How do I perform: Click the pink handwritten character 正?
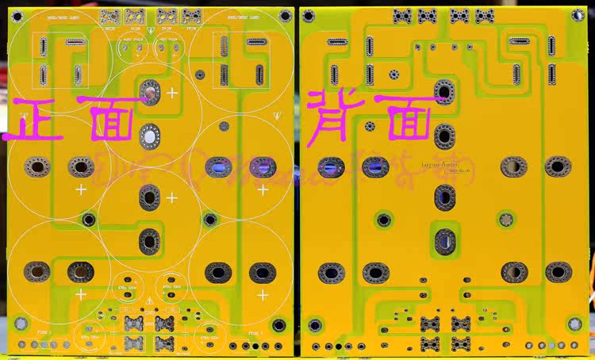32,120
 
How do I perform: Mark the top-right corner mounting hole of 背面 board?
578,16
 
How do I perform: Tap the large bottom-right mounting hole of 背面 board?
572,324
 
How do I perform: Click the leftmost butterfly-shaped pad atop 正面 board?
110,15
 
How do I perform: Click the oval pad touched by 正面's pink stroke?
148,93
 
